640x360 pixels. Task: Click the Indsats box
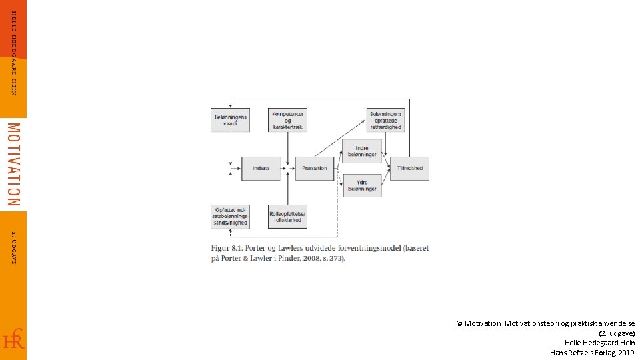pos(261,168)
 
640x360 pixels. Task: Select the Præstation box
pos(314,168)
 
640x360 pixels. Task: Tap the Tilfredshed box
pos(409,168)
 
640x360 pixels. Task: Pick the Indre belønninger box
pos(362,151)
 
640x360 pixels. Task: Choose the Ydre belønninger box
pos(362,185)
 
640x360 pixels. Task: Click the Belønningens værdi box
pos(230,120)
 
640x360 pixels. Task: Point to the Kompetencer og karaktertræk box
pos(287,120)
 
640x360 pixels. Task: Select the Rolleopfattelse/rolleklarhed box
pos(287,216)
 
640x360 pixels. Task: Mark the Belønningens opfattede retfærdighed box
pos(385,120)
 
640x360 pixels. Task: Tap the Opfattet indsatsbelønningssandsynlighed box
pos(230,216)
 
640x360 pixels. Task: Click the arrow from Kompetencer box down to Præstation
pos(287,147)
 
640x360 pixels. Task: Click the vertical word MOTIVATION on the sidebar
pos(13,164)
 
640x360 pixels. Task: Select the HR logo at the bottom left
pos(13,339)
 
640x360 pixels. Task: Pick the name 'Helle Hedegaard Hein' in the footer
pos(599,343)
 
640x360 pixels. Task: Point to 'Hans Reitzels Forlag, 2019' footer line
pos(592,352)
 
